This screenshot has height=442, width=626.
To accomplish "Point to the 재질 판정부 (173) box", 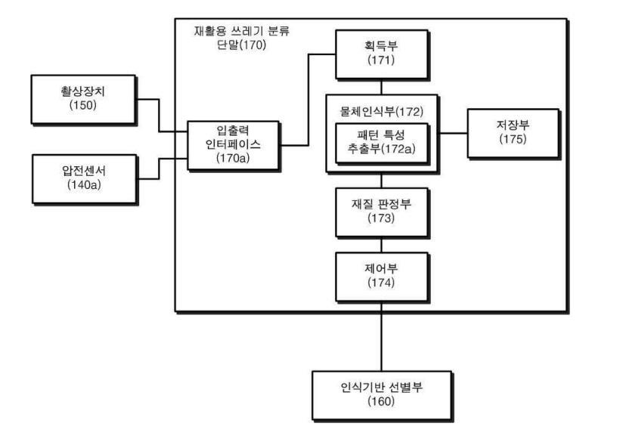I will tap(380, 211).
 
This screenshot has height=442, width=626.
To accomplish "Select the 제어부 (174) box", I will tap(380, 274).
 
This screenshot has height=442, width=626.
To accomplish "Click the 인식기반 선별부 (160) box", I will tap(380, 394).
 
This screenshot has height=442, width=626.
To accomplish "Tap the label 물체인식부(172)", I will tap(381, 110).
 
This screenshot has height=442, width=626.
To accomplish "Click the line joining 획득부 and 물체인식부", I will tap(381, 87).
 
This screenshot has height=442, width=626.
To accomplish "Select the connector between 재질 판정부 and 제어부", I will tap(381, 243).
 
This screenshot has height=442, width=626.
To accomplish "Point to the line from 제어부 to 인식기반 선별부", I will tap(381, 340).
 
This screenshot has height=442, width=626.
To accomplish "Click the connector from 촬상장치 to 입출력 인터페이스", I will tap(159, 113).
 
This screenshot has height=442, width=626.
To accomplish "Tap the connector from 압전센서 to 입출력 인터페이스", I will tap(159, 168).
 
